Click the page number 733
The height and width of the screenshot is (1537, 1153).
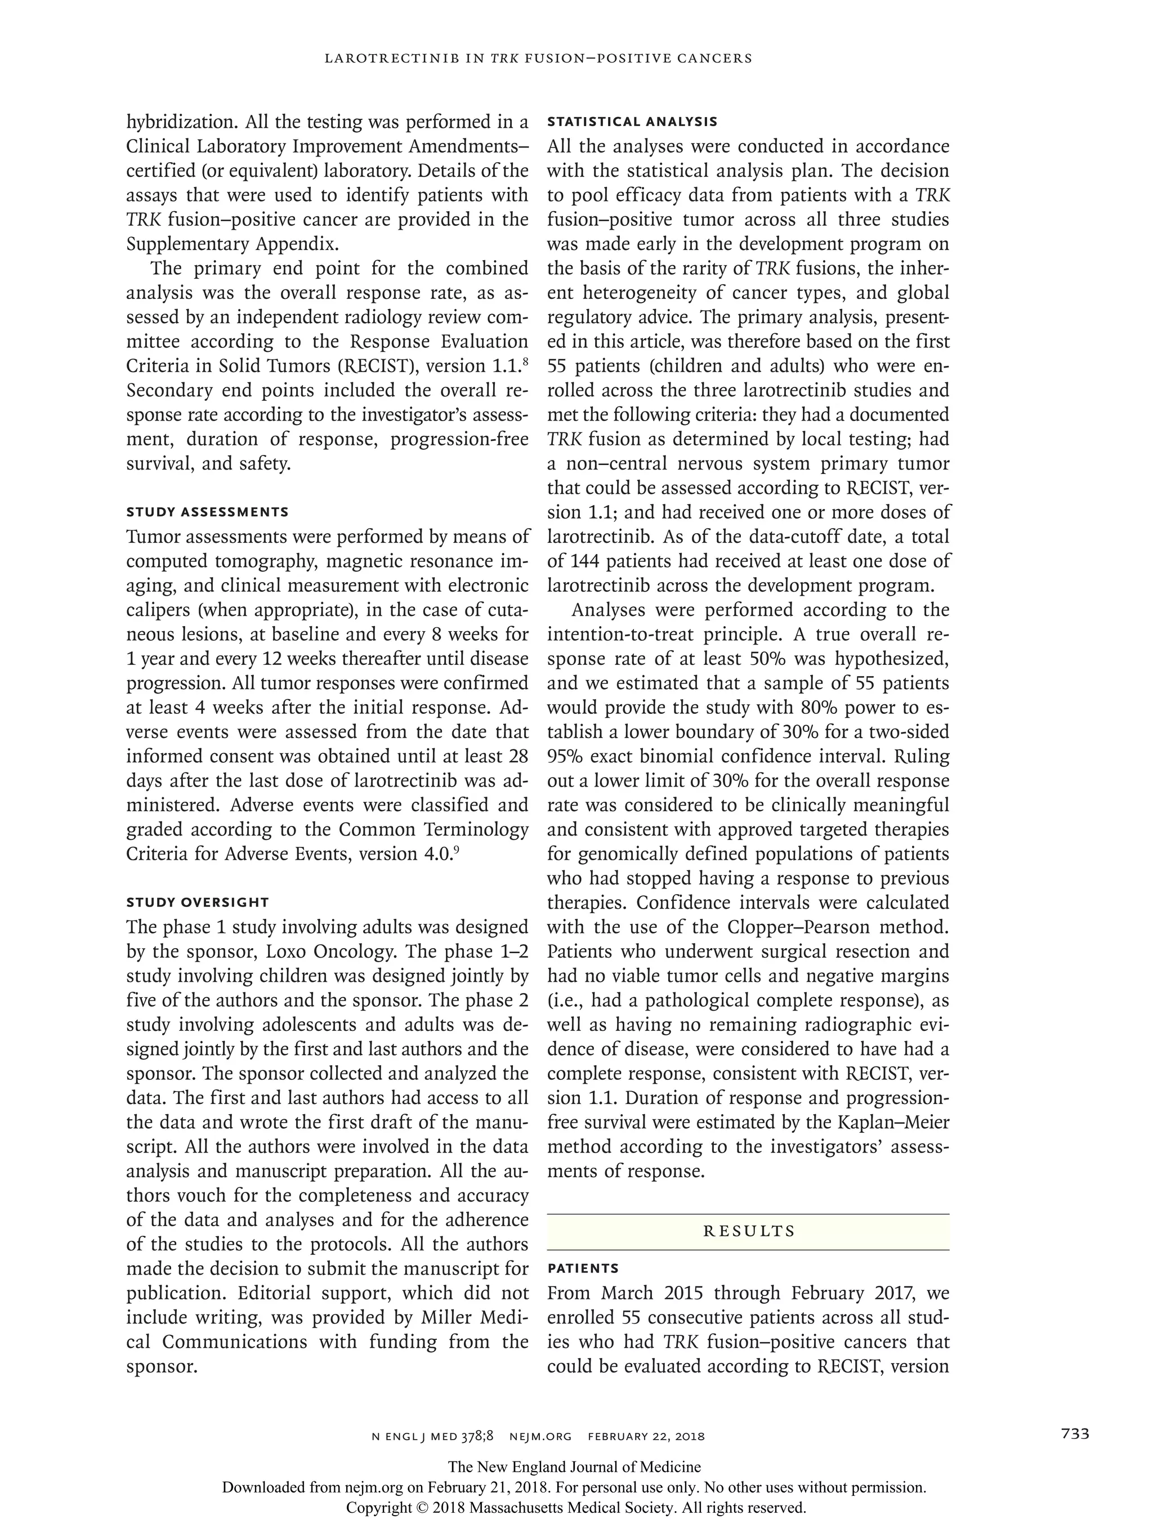click(1075, 1433)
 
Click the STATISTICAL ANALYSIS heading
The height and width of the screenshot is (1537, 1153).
click(632, 122)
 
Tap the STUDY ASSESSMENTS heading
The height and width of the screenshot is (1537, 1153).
click(207, 512)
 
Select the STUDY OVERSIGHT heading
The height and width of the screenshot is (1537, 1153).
click(198, 902)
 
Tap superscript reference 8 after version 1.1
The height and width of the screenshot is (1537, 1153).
click(525, 361)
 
